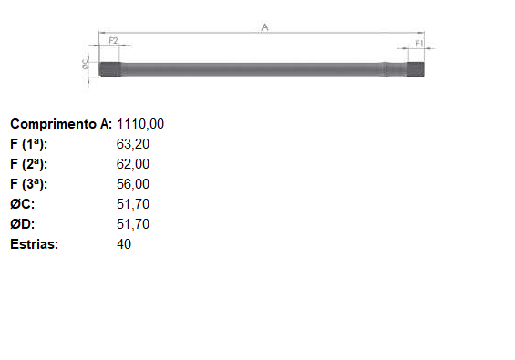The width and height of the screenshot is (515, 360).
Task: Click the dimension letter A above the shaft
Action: [x=264, y=27]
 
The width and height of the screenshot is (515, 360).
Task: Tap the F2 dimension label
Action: [x=113, y=41]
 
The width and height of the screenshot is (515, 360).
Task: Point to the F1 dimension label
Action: [x=419, y=44]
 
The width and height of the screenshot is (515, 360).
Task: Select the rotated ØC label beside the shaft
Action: [x=86, y=64]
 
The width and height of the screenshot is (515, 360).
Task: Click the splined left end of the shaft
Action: [x=110, y=69]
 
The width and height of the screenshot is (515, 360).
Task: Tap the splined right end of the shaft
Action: [x=416, y=69]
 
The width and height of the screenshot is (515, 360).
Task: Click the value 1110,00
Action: [x=140, y=124]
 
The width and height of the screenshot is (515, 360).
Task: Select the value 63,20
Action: [x=133, y=144]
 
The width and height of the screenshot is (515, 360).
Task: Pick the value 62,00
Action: [x=133, y=164]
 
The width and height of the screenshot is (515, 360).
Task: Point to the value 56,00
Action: [x=133, y=184]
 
